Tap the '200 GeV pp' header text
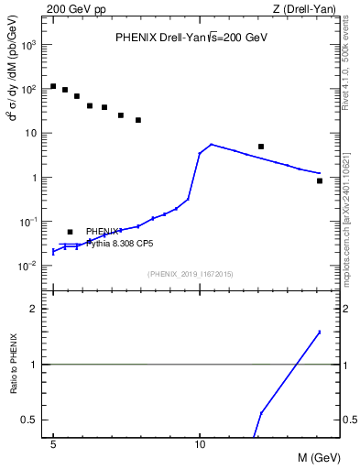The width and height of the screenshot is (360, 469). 76,9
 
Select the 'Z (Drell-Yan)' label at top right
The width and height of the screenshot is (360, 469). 304,9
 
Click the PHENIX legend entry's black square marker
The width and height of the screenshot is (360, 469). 70,233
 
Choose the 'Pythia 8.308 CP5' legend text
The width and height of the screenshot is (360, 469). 119,245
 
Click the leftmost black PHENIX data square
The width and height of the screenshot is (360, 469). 53,86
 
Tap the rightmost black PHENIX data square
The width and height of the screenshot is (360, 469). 319,180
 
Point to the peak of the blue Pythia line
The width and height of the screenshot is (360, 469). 211,144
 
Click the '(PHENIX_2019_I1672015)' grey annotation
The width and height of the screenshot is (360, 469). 191,274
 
